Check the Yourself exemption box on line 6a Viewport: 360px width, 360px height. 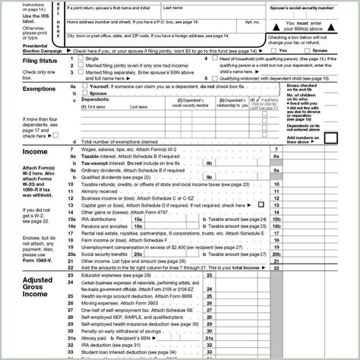click(81, 87)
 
